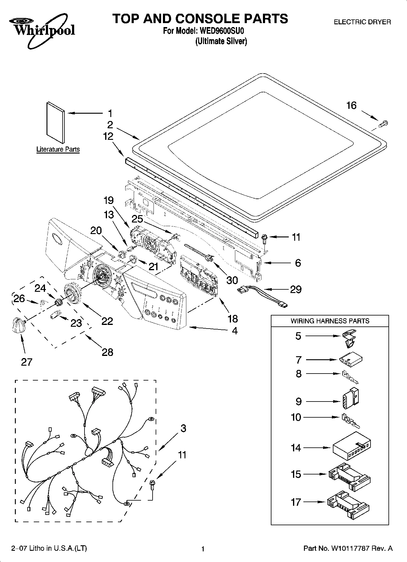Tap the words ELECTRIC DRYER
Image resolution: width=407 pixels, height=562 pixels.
(x=362, y=22)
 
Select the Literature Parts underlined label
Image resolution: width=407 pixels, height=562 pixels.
(x=58, y=150)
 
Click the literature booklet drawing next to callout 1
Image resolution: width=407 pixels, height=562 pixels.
(x=55, y=122)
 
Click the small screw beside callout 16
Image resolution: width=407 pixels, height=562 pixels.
(x=384, y=123)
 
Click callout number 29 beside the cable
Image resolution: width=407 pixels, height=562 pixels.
(x=295, y=289)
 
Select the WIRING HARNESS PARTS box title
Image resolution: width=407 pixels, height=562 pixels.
(x=330, y=321)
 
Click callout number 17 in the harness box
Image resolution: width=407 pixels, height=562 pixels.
(x=296, y=502)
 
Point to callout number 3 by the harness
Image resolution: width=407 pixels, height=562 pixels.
(x=183, y=429)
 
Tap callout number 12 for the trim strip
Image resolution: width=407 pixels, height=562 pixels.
(x=108, y=136)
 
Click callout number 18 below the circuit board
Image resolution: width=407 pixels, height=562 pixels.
(x=233, y=319)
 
